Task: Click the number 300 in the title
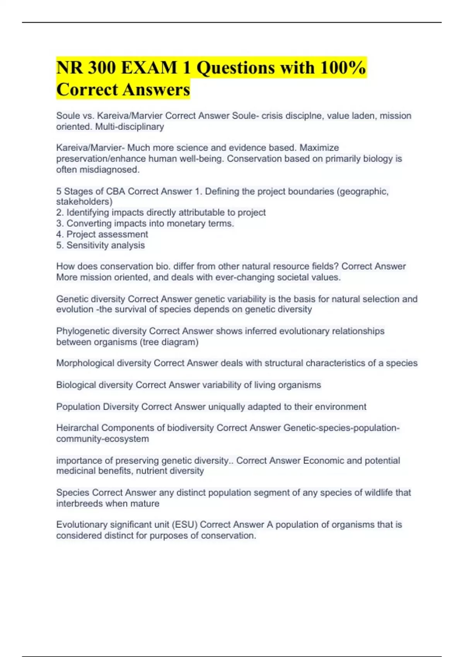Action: tap(102, 68)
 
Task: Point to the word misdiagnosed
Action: tap(98, 170)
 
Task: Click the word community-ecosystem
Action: tap(102, 439)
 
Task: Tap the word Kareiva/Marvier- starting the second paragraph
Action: tap(90, 148)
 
